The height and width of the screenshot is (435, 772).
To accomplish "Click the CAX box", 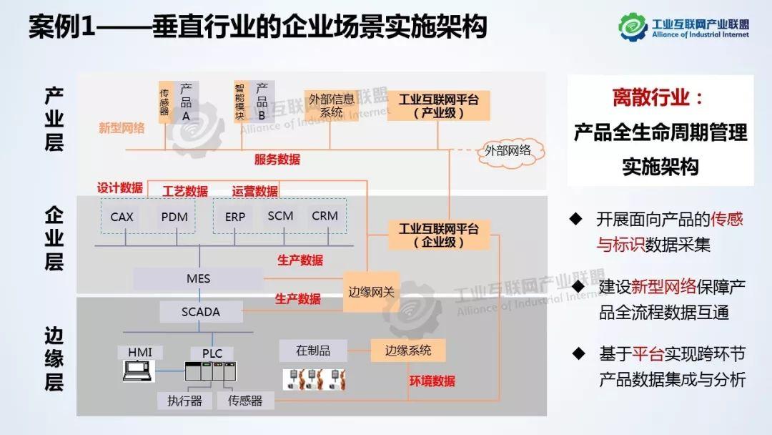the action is click(x=122, y=217).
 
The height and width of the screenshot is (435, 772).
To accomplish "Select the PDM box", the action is click(x=174, y=217).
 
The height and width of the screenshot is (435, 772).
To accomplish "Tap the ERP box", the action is click(x=235, y=217).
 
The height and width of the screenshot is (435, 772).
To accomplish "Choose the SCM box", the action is click(x=280, y=216).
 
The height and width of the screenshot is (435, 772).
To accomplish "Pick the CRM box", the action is click(x=325, y=216).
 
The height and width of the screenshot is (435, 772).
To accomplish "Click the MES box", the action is click(x=199, y=279).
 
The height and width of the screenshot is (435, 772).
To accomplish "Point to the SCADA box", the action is click(x=201, y=312).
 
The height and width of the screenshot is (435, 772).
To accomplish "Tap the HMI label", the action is click(x=140, y=352).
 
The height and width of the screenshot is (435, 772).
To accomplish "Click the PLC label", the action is click(x=212, y=353).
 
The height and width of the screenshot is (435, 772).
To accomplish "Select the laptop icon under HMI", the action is click(x=138, y=371).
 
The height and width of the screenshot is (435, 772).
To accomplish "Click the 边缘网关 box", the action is click(x=371, y=292).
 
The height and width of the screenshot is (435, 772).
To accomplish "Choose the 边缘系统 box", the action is click(x=408, y=351).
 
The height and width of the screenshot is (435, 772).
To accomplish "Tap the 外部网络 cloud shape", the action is click(x=508, y=151).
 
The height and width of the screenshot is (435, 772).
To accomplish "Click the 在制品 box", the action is click(x=313, y=351).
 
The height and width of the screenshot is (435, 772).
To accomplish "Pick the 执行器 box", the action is click(x=184, y=401).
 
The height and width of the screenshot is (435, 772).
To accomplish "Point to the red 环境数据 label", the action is click(x=432, y=381).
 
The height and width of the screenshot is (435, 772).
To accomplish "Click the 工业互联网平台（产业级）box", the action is click(x=439, y=106).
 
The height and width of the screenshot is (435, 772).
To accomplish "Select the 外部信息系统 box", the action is click(x=332, y=105).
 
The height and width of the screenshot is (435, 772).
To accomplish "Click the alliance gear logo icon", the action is click(x=633, y=26).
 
